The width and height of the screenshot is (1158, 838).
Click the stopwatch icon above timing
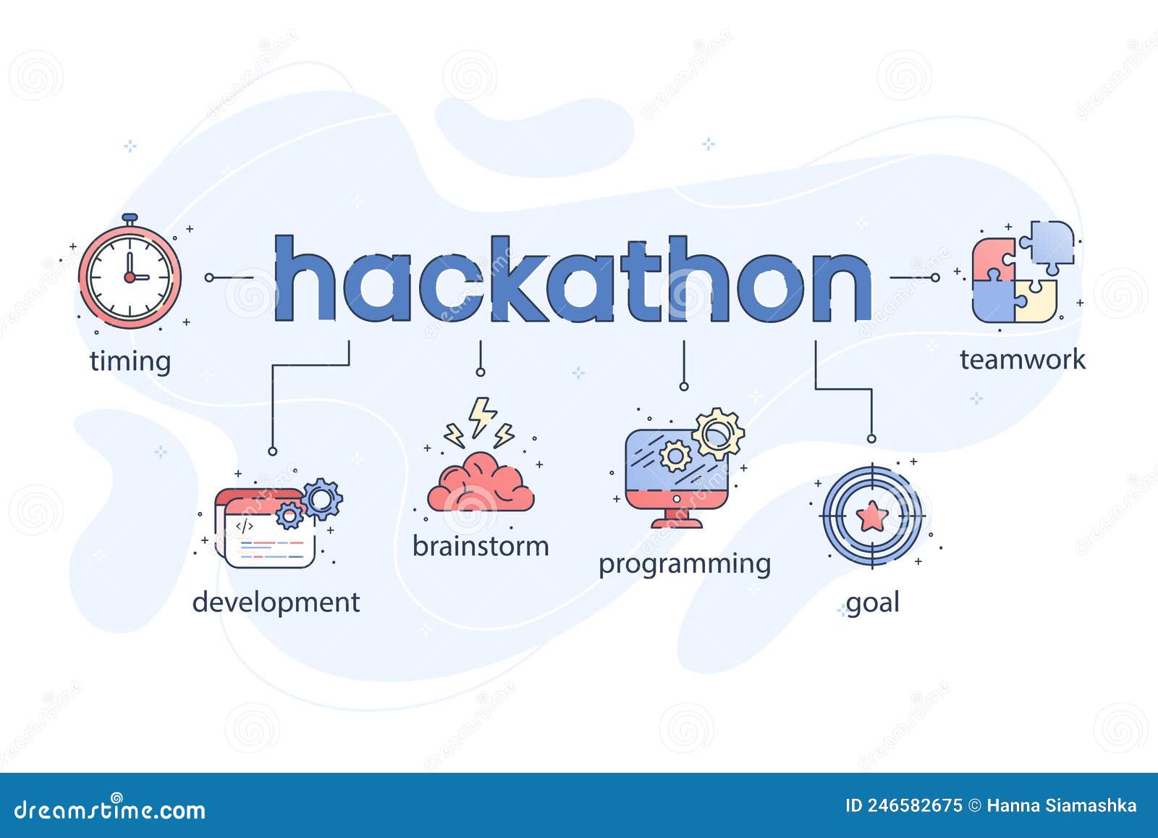[130, 276]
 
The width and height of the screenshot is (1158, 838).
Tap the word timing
[130, 361]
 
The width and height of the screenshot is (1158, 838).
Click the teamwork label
[1022, 359]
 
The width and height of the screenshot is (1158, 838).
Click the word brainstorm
[481, 546]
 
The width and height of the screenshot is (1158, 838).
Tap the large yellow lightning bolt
[481, 416]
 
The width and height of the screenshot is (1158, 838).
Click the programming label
[684, 563]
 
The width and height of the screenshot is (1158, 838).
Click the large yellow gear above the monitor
[717, 433]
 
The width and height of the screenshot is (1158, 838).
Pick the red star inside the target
[871, 516]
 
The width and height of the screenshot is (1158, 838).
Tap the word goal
[872, 603]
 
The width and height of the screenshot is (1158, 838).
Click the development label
[276, 603]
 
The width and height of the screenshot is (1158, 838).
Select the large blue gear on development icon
[321, 498]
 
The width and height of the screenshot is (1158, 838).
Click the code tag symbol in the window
[244, 527]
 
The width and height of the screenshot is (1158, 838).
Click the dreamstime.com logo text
[110, 809]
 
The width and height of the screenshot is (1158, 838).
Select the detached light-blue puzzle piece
[1051, 244]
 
